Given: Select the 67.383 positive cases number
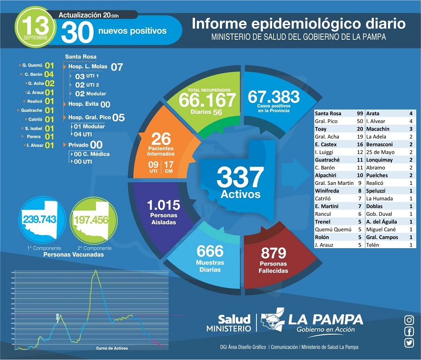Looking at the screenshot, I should point(274,97).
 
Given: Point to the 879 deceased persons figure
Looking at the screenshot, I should point(273,253).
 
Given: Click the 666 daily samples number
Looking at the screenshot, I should point(210,251).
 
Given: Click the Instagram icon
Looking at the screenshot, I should point(409,320).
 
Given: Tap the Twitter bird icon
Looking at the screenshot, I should point(409,343).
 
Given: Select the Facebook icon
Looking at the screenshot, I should point(409,331).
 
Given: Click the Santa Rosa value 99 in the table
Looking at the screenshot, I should point(360,113).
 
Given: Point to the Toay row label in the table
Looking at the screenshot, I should point(321,128).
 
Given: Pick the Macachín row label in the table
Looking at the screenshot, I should point(379,128).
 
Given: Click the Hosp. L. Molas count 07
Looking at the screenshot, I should point(116,67).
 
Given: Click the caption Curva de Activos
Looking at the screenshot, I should point(111,348).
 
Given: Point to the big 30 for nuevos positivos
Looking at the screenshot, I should point(77,32).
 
